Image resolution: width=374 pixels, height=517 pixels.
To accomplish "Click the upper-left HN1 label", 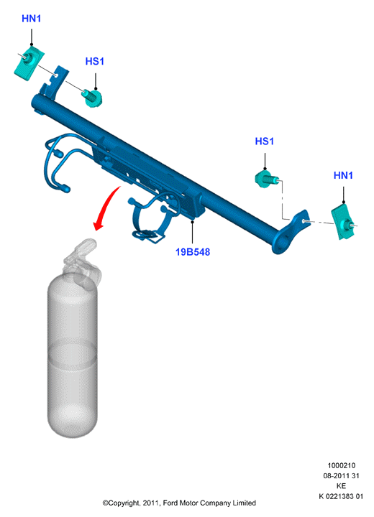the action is (x=32, y=19).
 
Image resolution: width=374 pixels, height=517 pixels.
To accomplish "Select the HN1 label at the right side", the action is (x=343, y=175).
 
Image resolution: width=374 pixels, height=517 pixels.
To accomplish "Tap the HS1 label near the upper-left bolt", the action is (x=94, y=61).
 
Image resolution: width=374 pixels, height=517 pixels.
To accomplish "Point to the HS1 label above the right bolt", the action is (x=264, y=141).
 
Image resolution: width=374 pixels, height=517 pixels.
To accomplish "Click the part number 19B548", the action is (x=193, y=252).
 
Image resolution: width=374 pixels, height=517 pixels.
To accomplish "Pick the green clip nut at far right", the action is (x=344, y=221).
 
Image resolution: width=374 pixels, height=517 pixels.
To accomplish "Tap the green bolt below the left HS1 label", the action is (x=92, y=98).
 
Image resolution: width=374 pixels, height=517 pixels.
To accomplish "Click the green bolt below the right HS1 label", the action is (x=267, y=179).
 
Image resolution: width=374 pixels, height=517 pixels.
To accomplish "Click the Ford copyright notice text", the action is (x=179, y=503).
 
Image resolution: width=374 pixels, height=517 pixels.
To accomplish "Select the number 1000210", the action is (x=342, y=465).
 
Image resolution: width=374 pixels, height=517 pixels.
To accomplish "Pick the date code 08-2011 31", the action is (x=341, y=476).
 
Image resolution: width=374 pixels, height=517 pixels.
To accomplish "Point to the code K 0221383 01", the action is (x=341, y=496).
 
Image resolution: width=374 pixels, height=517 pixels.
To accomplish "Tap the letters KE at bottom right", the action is (x=342, y=486).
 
